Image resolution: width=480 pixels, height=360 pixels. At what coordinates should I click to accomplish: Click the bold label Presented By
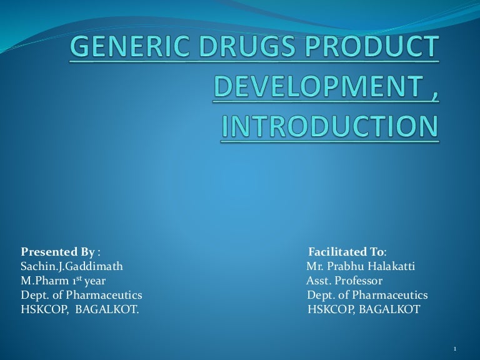coord(58,252)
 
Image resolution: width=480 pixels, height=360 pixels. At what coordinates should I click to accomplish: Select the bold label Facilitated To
coord(346,252)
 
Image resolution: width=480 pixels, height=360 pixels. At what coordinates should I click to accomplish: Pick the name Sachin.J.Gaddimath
coord(72,266)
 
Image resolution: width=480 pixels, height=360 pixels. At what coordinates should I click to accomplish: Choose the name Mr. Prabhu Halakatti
coord(361,266)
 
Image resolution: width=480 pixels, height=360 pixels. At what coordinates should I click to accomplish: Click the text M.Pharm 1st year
coord(63,281)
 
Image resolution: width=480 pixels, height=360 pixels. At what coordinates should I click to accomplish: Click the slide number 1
coord(457,348)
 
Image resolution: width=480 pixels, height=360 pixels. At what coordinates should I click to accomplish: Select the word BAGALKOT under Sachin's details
coord(106,309)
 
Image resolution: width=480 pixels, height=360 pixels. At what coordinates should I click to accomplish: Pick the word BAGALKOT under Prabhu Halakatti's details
coord(391,309)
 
